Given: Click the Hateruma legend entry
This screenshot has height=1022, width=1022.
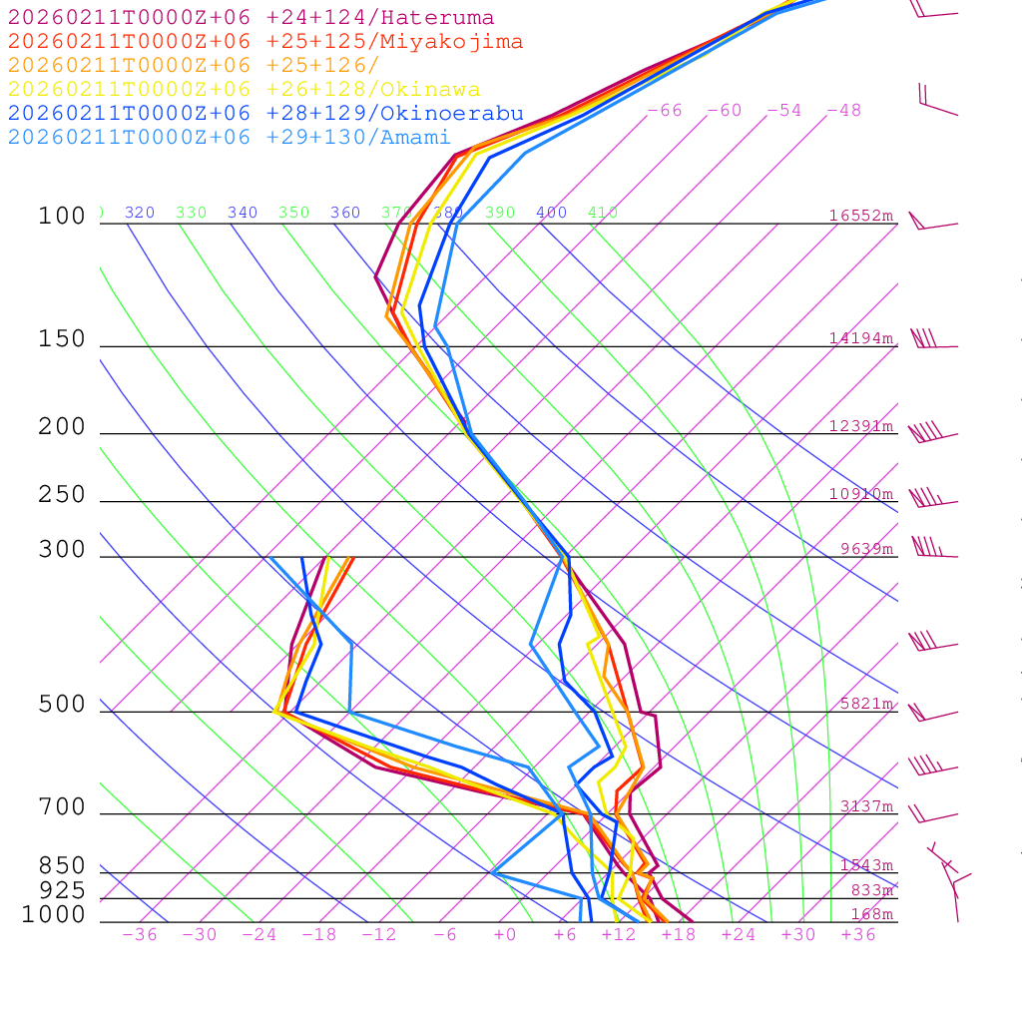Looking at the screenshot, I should pyautogui.click(x=251, y=18).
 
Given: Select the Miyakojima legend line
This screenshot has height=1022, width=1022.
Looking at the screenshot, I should pyautogui.click(x=265, y=42).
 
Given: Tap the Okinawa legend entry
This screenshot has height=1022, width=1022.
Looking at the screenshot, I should pyautogui.click(x=244, y=90).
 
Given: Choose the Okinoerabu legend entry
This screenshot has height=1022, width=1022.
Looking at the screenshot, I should pyautogui.click(x=265, y=114).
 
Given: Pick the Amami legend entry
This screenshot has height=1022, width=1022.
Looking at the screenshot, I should pyautogui.click(x=230, y=138).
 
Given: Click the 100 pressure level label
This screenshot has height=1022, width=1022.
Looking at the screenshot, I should pyautogui.click(x=62, y=216).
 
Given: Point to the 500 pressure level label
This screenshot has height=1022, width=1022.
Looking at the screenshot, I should pyautogui.click(x=62, y=705).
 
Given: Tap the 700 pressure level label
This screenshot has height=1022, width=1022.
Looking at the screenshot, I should pyautogui.click(x=62, y=807).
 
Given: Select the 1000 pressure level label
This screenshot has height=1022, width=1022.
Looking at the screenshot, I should pyautogui.click(x=54, y=914).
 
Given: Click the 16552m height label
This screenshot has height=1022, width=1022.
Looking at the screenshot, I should pyautogui.click(x=860, y=216).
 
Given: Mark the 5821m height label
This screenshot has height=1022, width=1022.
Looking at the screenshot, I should pyautogui.click(x=866, y=704).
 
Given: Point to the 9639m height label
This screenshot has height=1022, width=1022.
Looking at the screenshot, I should pyautogui.click(x=866, y=549).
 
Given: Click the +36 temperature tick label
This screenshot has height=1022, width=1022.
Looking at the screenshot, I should pyautogui.click(x=858, y=935).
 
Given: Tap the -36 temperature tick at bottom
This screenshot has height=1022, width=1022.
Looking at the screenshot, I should pyautogui.click(x=140, y=935).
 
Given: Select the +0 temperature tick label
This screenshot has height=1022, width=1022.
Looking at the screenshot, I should pyautogui.click(x=505, y=935).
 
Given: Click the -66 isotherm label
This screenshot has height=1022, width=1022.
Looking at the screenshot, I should pyautogui.click(x=665, y=111).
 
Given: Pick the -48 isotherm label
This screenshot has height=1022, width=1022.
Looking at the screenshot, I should pyautogui.click(x=844, y=111).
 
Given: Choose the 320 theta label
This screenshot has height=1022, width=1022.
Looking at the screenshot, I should pyautogui.click(x=140, y=213).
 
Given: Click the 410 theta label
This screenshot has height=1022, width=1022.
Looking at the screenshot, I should pyautogui.click(x=603, y=213).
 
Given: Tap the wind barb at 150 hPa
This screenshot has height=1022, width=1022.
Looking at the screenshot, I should pyautogui.click(x=925, y=339).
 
